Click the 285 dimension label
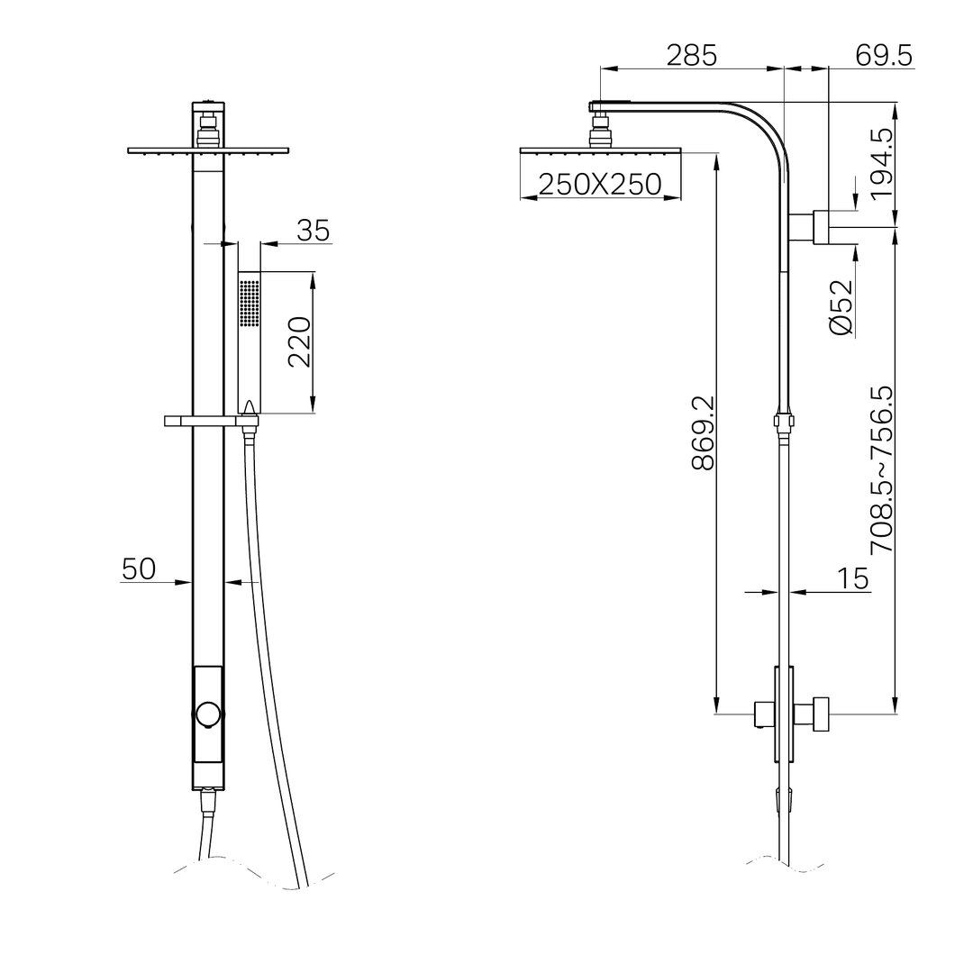pyautogui.click(x=691, y=56)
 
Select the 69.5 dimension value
pyautogui.click(x=884, y=56)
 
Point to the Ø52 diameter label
pyautogui.click(x=841, y=308)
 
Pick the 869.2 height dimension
pyautogui.click(x=702, y=432)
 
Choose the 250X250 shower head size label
pyautogui.click(x=599, y=185)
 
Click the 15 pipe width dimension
pyautogui.click(x=854, y=578)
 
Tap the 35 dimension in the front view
pyautogui.click(x=313, y=231)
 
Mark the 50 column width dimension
pyautogui.click(x=139, y=568)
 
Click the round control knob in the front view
pyautogui.click(x=208, y=714)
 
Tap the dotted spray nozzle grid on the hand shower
pyautogui.click(x=250, y=301)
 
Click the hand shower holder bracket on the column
pyautogui.click(x=210, y=421)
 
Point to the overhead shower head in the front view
pyautogui.click(x=208, y=150)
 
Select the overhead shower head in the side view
pyautogui.click(x=601, y=150)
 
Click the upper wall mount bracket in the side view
pyautogui.click(x=821, y=227)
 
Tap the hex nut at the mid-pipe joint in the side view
pyautogui.click(x=784, y=420)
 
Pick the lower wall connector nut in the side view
pyautogui.click(x=820, y=714)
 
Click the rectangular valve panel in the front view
pyautogui.click(x=208, y=714)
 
